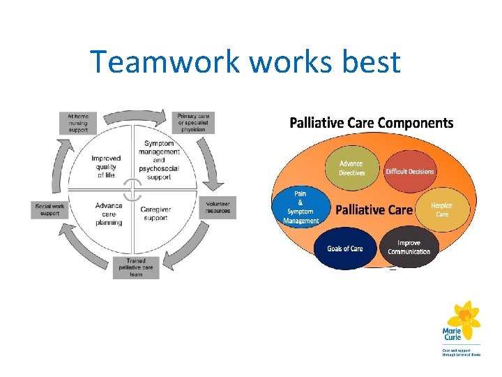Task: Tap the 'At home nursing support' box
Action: pyautogui.click(x=77, y=122)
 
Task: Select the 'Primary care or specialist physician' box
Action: pyautogui.click(x=193, y=122)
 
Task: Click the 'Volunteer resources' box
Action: pyautogui.click(x=218, y=207)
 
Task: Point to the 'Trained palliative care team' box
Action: pyautogui.click(x=136, y=268)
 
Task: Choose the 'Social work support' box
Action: pyautogui.click(x=52, y=209)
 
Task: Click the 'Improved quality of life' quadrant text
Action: pyautogui.click(x=106, y=166)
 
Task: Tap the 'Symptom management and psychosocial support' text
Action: pyautogui.click(x=159, y=160)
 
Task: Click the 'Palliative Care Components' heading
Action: pyautogui.click(x=371, y=124)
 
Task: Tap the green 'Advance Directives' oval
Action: pyautogui.click(x=351, y=168)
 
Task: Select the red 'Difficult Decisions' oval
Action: pyautogui.click(x=409, y=171)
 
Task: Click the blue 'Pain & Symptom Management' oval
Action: pyautogui.click(x=301, y=207)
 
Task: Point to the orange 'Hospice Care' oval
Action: pyautogui.click(x=441, y=209)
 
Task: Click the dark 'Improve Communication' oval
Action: pyautogui.click(x=409, y=247)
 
